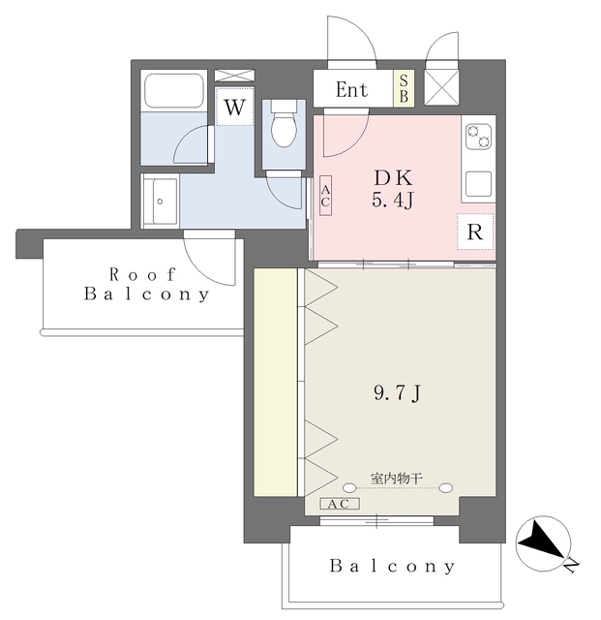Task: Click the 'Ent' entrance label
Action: click(351, 90)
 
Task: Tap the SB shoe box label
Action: click(404, 90)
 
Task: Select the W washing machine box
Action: click(233, 108)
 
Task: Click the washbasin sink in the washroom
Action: click(161, 201)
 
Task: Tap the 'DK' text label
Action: click(394, 178)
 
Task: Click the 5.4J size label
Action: click(394, 201)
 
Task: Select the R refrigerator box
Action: click(474, 232)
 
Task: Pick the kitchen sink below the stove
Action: click(478, 184)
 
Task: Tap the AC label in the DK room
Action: click(325, 197)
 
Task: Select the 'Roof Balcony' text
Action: click(145, 284)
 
